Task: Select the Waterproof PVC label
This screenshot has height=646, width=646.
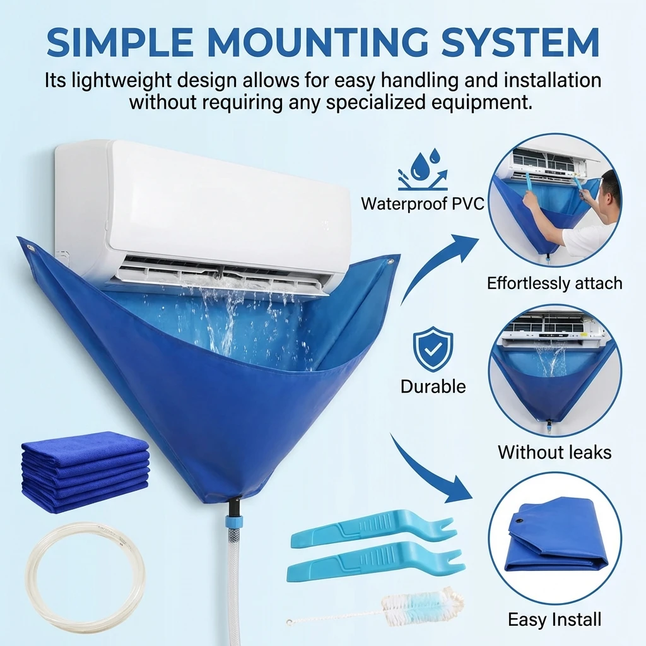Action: pyautogui.click(x=423, y=204)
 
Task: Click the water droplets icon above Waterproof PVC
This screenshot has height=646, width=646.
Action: pyautogui.click(x=421, y=168)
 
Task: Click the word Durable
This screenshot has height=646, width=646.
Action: pyautogui.click(x=433, y=386)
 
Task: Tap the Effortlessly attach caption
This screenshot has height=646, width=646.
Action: pyautogui.click(x=555, y=283)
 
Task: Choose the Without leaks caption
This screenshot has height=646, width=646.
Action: pyautogui.click(x=555, y=452)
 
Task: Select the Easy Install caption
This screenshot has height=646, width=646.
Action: pyautogui.click(x=555, y=620)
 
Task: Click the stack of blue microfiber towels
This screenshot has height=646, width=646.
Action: pyautogui.click(x=85, y=470)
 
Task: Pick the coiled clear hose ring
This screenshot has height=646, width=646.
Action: pyautogui.click(x=86, y=577)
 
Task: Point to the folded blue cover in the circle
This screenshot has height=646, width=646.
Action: pyautogui.click(x=555, y=536)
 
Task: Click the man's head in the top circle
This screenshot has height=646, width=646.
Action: pyautogui.click(x=609, y=184)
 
